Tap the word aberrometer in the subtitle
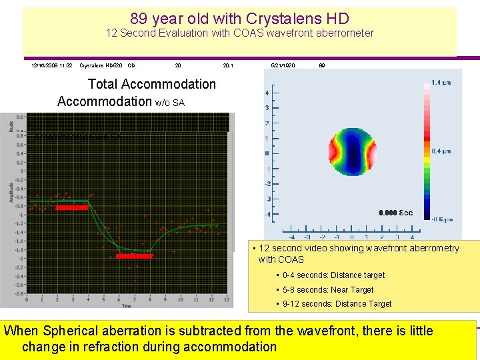pyautogui.click(x=343, y=33)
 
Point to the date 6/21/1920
pyautogui.click(x=283, y=66)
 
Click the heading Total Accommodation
pyautogui.click(x=152, y=84)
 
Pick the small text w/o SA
pyautogui.click(x=170, y=102)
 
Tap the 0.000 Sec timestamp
pyautogui.click(x=395, y=213)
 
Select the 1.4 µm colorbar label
pyautogui.click(x=441, y=83)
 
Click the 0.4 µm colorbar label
pyautogui.click(x=441, y=151)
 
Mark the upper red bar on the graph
pyautogui.click(x=71, y=207)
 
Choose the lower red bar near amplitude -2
pyautogui.click(x=134, y=255)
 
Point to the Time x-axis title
pyautogui.click(x=126, y=305)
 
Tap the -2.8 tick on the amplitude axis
pyautogui.click(x=20, y=293)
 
